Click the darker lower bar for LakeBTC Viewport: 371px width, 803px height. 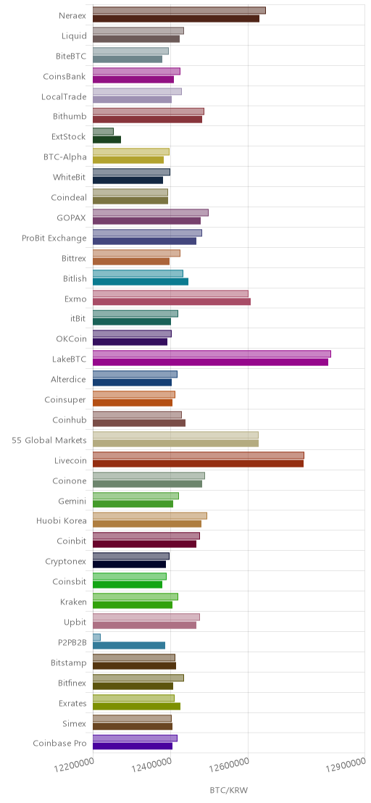(x=210, y=362)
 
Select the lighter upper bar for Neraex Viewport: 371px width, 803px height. (x=179, y=10)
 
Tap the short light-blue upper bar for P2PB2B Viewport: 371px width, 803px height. (x=96, y=637)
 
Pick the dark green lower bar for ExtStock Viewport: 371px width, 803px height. (x=107, y=139)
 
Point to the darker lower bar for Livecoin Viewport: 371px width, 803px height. (x=198, y=464)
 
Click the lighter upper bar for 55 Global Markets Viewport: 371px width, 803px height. (x=175, y=435)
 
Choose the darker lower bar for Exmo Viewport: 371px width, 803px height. (x=172, y=301)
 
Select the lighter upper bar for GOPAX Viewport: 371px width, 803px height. (x=151, y=212)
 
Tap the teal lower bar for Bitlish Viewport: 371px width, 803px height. (x=141, y=281)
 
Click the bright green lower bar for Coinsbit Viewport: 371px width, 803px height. (x=128, y=584)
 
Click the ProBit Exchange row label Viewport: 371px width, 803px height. (x=54, y=238)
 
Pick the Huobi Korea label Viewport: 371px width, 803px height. (x=62, y=521)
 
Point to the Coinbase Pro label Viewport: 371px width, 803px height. (x=60, y=743)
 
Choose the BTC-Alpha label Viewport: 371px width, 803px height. (x=65, y=157)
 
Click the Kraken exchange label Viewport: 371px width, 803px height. (x=73, y=602)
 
